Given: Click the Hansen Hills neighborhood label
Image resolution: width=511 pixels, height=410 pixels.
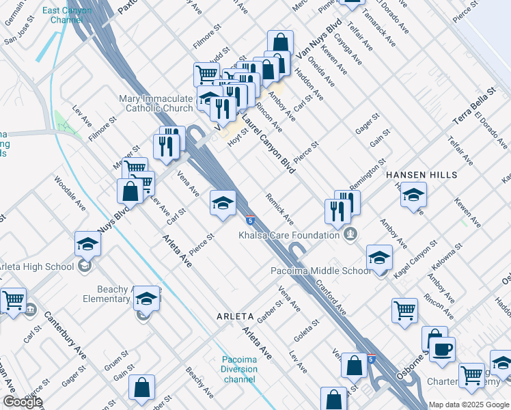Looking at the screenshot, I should [x=421, y=175].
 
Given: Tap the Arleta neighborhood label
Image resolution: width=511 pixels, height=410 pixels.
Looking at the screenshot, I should [x=235, y=317].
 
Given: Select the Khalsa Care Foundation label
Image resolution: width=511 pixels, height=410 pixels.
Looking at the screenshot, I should [x=289, y=235].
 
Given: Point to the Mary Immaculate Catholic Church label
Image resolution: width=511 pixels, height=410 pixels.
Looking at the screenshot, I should [x=156, y=103].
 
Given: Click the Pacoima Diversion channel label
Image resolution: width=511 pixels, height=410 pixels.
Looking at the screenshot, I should [x=239, y=369].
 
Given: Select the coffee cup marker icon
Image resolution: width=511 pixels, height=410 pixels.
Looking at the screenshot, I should [x=442, y=349].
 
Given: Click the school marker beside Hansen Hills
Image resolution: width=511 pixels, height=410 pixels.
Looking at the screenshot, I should [x=413, y=195].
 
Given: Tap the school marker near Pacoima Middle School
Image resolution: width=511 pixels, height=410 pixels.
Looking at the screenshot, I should [x=379, y=258].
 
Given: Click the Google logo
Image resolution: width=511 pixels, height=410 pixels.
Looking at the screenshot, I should [x=23, y=402].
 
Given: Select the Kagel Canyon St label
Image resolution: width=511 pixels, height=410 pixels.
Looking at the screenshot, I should [x=415, y=257].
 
